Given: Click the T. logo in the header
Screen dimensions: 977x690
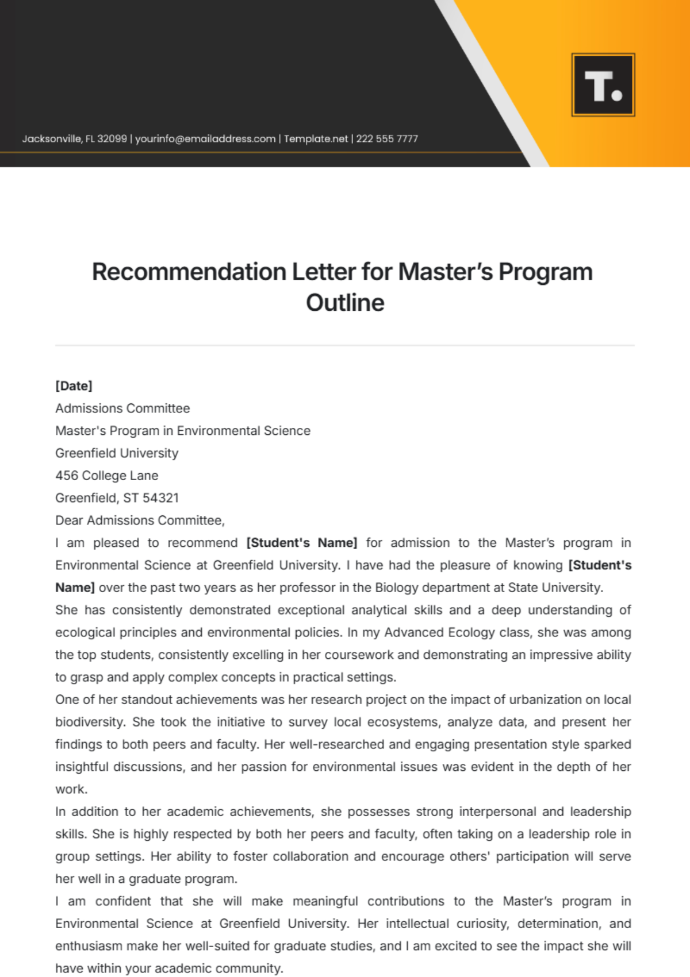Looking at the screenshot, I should click(603, 85).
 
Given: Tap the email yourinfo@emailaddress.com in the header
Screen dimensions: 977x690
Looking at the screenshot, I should click(205, 139).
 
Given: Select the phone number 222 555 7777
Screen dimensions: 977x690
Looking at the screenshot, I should click(387, 139).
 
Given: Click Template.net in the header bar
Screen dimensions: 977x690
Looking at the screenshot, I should click(316, 139).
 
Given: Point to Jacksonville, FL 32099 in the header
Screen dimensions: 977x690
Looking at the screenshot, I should click(75, 139).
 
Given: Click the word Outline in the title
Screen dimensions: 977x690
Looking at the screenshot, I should click(345, 303).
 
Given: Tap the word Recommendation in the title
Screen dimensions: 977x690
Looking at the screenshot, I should click(190, 272).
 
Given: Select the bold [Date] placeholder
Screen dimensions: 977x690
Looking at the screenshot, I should click(74, 386).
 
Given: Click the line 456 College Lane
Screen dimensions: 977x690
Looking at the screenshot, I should click(107, 476).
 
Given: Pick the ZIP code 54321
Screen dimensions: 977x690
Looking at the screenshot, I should click(161, 498).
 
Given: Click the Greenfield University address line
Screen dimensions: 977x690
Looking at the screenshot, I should click(117, 453).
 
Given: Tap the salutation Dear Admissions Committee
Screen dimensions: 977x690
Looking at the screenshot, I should click(140, 520).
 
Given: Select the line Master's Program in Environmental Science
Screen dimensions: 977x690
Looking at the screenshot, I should click(183, 431).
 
